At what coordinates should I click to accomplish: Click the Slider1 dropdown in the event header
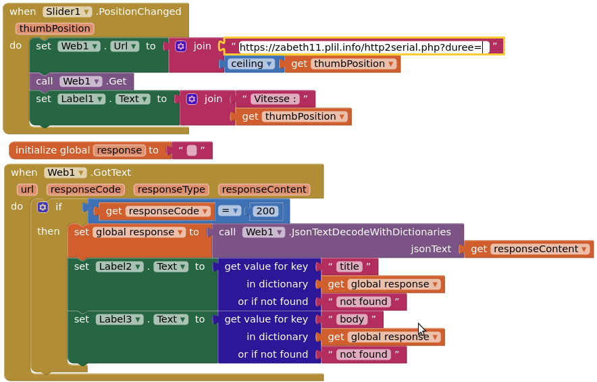coord(67,11)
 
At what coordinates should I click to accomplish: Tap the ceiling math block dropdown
coord(252,64)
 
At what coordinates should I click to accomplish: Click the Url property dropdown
coord(124,46)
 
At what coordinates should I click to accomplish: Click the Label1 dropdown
coord(82,99)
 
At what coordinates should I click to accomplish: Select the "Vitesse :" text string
coord(275,99)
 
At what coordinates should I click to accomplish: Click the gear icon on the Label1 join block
coord(192,99)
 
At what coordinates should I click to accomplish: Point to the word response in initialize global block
coord(119,150)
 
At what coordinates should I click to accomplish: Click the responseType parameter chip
coord(172,189)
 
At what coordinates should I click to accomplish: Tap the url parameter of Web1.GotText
coord(27,189)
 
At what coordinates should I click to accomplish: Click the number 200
coord(265,211)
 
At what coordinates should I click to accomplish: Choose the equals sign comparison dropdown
coord(229,211)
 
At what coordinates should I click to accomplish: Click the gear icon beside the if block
coord(43,207)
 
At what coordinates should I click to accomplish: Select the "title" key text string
coord(349,266)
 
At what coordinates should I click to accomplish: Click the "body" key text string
coord(352,318)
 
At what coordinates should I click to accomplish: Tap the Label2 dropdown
coord(120,266)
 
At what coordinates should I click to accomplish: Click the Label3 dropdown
coord(120,318)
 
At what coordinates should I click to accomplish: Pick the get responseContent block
coord(529,249)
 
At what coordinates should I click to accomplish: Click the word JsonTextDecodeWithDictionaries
coord(370,232)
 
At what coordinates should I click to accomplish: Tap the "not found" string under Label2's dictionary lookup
coord(363,302)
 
